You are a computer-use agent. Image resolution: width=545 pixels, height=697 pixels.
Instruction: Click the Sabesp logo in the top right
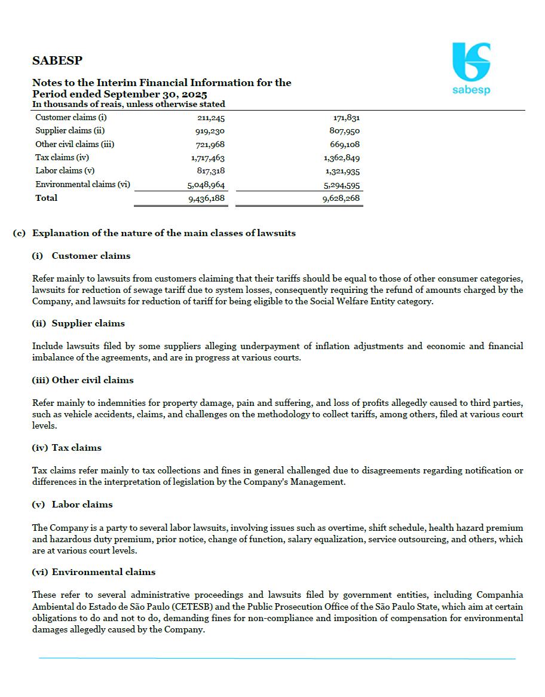pyautogui.click(x=471, y=68)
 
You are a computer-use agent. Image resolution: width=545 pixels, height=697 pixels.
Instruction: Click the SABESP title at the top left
pyautogui.click(x=57, y=60)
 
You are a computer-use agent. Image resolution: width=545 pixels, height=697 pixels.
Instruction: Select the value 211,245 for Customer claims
pyautogui.click(x=207, y=118)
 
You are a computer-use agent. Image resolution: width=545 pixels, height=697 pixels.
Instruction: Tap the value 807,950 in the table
pyautogui.click(x=345, y=131)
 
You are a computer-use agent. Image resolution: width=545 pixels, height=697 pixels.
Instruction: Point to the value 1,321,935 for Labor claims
pyautogui.click(x=341, y=171)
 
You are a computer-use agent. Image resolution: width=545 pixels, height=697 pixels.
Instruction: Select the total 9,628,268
pyautogui.click(x=341, y=198)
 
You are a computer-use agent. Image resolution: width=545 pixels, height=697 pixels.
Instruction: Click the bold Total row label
pyautogui.click(x=47, y=198)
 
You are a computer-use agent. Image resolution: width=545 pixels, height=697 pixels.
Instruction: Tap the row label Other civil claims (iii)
pyautogui.click(x=75, y=144)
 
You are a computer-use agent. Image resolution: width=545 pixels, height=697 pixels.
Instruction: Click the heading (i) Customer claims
pyautogui.click(x=81, y=256)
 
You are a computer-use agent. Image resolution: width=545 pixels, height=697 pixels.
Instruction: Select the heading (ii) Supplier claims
pyautogui.click(x=78, y=323)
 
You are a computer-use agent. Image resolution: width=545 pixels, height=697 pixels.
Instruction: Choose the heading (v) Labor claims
pyautogui.click(x=72, y=505)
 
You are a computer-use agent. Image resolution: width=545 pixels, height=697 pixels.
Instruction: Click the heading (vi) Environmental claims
pyautogui.click(x=93, y=572)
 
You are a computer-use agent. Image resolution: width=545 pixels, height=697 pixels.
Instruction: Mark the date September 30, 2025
pyautogui.click(x=155, y=94)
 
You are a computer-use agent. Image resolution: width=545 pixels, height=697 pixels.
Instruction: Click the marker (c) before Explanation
pyautogui.click(x=19, y=233)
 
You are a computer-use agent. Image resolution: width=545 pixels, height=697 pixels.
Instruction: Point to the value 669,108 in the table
pyautogui.click(x=345, y=145)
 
